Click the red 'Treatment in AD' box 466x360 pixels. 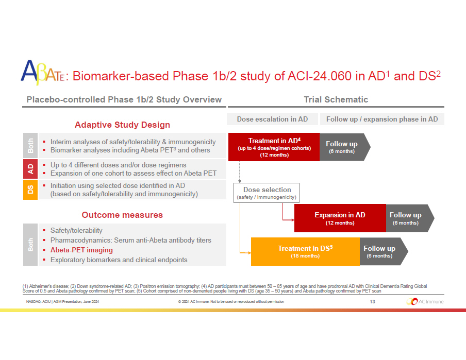tap(274, 147)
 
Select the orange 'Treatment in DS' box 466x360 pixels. tap(305, 252)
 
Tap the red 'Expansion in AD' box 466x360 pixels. tap(340, 218)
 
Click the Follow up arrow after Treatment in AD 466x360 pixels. tap(342, 147)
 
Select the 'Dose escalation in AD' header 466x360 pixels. tap(272, 119)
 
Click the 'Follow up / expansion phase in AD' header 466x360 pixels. tap(382, 119)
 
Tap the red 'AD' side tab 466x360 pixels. tap(30, 169)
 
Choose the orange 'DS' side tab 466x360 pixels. tap(30, 189)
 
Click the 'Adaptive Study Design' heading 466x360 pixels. tap(122, 125)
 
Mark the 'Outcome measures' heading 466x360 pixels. tap(122, 215)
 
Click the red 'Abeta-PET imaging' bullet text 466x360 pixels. tap(81, 250)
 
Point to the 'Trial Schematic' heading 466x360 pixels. tap(336, 99)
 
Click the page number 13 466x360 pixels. tap(372, 301)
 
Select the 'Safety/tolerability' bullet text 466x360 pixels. tap(76, 230)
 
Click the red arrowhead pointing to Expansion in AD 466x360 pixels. tap(292, 219)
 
